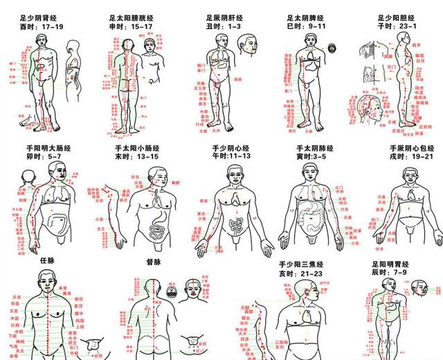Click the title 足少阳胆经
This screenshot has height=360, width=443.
(397, 16)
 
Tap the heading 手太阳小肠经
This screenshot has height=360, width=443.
(136, 147)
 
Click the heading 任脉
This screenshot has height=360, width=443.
(47, 261)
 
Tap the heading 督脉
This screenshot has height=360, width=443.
(153, 262)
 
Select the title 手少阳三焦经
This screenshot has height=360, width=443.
(302, 264)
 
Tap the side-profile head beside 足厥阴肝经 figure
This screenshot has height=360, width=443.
(250, 45)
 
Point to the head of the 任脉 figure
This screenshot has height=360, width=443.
(46, 280)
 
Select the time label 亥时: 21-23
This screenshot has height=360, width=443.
(300, 273)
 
